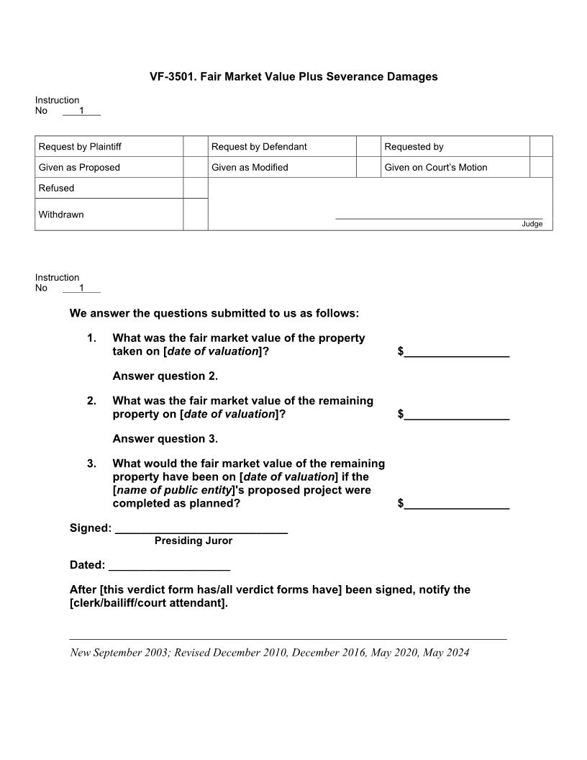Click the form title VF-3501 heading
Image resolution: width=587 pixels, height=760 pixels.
point(293,76)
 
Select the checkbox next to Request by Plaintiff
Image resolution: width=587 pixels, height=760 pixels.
point(195,147)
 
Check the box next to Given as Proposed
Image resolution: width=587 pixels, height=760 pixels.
point(195,168)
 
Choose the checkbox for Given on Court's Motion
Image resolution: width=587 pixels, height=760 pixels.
point(541,168)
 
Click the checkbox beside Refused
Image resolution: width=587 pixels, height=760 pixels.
point(195,188)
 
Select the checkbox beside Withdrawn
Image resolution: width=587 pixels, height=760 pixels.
point(195,214)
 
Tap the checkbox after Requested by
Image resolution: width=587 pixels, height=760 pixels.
point(541,147)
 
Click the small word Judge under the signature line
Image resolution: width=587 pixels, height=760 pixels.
point(532,224)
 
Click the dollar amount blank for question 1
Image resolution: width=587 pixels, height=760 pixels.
point(456,351)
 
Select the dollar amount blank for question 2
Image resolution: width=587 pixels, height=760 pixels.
point(456,414)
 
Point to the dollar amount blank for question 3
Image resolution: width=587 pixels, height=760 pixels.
point(456,504)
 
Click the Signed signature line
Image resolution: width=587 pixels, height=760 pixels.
point(201,529)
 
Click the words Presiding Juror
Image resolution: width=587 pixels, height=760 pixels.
point(194,540)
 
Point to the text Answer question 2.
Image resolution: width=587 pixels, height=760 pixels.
point(165,376)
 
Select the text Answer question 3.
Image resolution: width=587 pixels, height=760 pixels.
point(165,438)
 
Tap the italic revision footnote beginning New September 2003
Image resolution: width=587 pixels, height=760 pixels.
point(270,653)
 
